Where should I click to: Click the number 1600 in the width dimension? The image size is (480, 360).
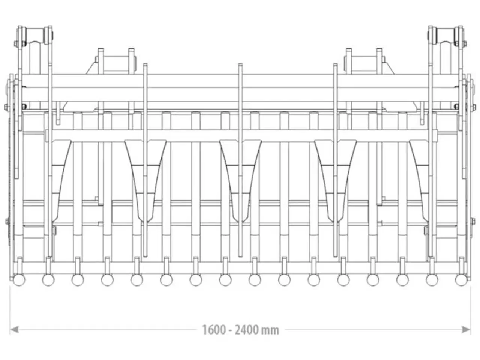pyautogui.click(x=214, y=330)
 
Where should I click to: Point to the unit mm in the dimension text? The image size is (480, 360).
pyautogui.click(x=270, y=330)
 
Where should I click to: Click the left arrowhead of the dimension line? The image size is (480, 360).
pyautogui.click(x=14, y=329)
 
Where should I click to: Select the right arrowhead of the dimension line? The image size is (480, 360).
pyautogui.click(x=466, y=329)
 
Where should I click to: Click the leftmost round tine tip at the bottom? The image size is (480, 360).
pyautogui.click(x=19, y=280)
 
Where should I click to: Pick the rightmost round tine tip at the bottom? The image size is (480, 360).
pyautogui.click(x=461, y=280)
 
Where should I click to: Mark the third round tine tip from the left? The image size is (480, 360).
pyautogui.click(x=78, y=280)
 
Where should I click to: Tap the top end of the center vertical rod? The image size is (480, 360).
pyautogui.click(x=240, y=64)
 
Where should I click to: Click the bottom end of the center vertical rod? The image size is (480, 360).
pyautogui.click(x=240, y=256)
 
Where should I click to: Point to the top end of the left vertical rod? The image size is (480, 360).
pyautogui.click(x=145, y=64)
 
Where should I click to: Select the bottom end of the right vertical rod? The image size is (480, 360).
pyautogui.click(x=336, y=256)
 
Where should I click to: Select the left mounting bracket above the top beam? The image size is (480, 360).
pyautogui.click(x=116, y=61)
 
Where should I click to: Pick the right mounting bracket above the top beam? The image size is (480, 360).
pyautogui.click(x=364, y=61)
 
